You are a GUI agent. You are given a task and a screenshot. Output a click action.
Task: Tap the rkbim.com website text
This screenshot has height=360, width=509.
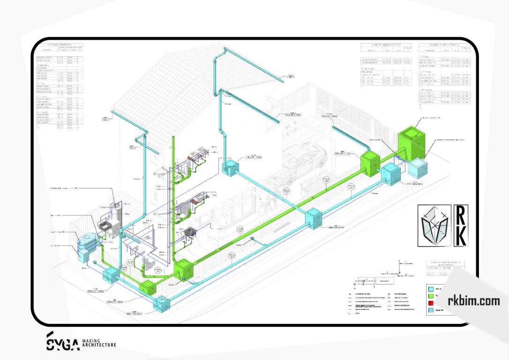click(474, 301)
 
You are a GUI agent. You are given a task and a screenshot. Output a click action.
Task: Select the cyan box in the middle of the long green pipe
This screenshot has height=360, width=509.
click(314, 218)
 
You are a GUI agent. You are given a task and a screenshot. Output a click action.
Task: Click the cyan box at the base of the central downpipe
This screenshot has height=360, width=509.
click(231, 165)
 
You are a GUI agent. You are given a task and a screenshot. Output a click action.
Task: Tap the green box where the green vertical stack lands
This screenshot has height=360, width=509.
click(184, 270)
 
